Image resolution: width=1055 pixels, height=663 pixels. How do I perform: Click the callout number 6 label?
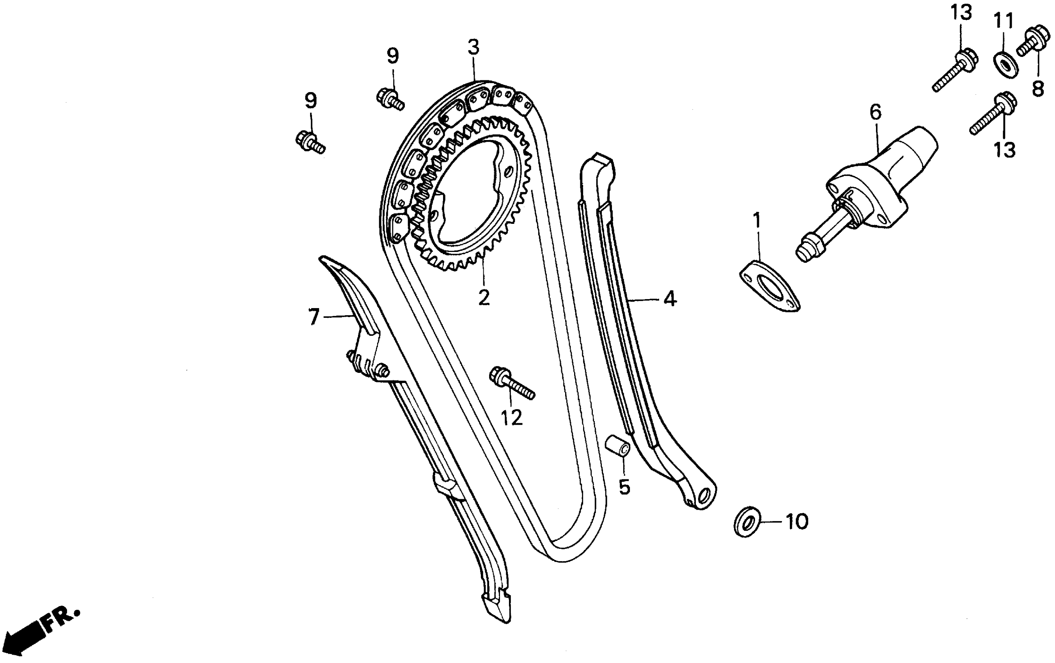875,112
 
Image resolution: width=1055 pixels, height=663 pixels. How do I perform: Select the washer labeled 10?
747,522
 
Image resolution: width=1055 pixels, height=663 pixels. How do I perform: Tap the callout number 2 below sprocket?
484,298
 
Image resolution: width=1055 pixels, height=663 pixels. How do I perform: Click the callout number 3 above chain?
473,47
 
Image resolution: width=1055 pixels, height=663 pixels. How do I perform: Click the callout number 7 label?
314,317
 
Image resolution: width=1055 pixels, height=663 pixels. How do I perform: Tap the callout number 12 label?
512,418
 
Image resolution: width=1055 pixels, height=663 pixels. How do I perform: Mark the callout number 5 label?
624,487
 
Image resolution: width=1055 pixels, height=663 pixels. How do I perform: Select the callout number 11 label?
1003,21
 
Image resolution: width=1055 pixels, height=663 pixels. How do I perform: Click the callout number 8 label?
1037,89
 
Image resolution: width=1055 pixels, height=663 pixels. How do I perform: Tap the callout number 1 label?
757,221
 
